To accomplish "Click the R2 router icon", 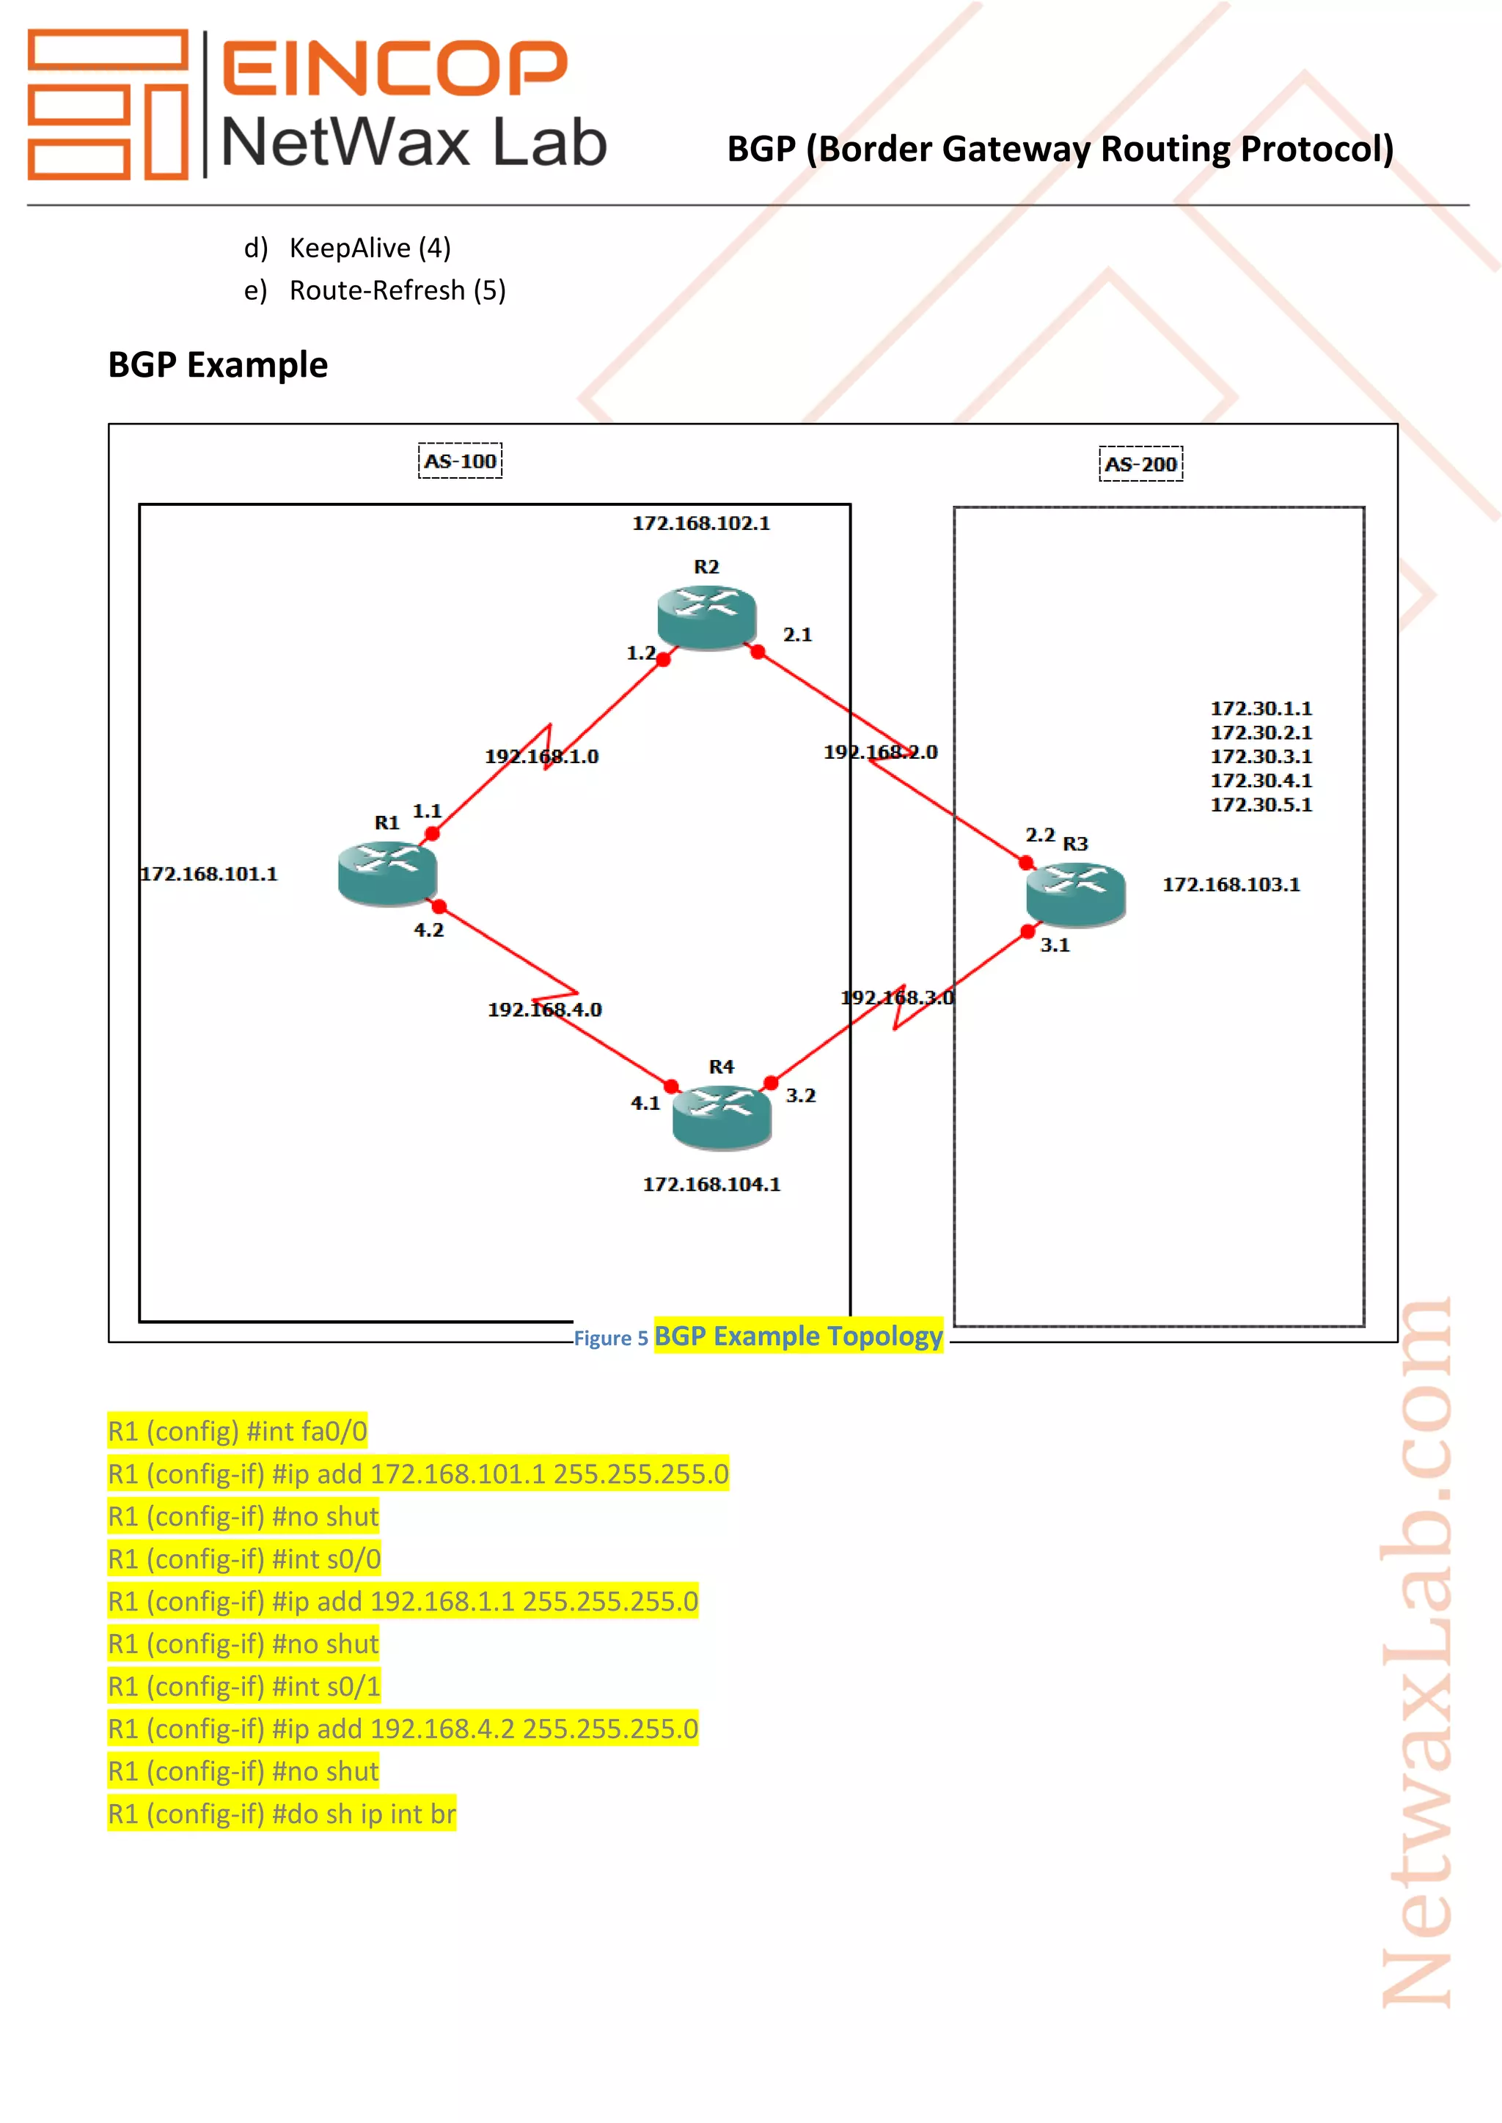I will (706, 616).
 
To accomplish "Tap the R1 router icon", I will (387, 874).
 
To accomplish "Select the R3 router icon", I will (1076, 893).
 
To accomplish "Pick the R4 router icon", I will (722, 1117).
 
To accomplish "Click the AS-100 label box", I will (460, 460).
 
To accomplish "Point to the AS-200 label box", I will (1140, 464).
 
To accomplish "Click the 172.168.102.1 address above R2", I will (701, 523).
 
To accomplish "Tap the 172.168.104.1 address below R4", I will (711, 1185).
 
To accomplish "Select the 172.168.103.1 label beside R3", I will (1231, 885).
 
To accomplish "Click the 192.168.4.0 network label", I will (545, 1009).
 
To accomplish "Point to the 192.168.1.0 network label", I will (541, 757).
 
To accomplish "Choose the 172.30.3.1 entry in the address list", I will (1261, 757).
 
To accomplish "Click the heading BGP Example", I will (219, 365).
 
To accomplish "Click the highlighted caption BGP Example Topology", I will (798, 1336).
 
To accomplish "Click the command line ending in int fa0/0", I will (238, 1432).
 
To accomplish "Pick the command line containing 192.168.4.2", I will (403, 1729).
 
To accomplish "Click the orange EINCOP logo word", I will (394, 68).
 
